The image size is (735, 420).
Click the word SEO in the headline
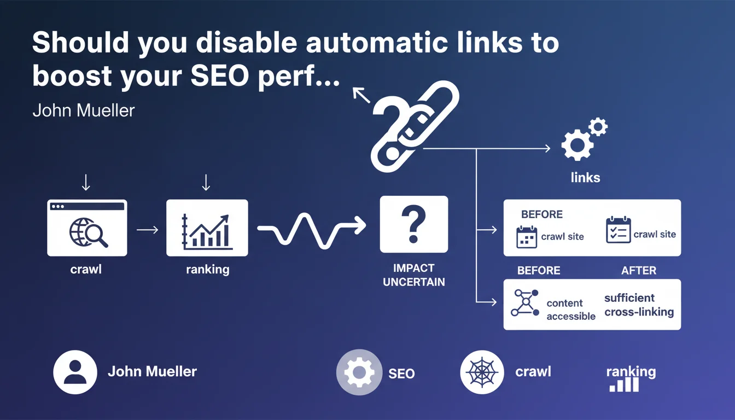coord(217,77)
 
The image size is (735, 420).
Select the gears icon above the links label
coord(583,139)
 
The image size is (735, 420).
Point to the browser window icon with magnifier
coord(87,227)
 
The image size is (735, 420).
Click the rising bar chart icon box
coord(207,227)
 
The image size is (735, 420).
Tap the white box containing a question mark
coord(414,224)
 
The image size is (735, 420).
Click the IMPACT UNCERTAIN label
coord(414,275)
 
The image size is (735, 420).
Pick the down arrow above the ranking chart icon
coord(206,182)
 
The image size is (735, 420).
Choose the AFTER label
coord(639,271)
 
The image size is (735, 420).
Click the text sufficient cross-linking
coord(639,305)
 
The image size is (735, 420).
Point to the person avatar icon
coord(75,372)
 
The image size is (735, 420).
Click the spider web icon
coord(482,372)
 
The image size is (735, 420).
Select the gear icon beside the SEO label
coord(358,373)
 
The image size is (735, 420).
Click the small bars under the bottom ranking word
coord(624,385)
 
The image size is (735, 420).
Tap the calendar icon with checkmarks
coord(619,230)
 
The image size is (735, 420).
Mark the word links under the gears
coord(585,178)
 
